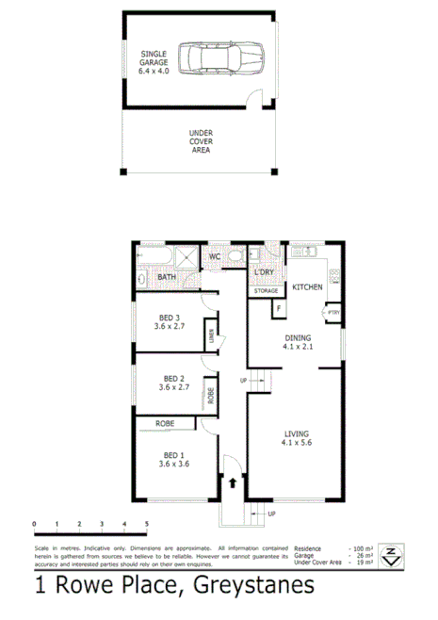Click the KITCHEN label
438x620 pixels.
click(x=308, y=286)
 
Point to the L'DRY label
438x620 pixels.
click(x=264, y=273)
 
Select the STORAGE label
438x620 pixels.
click(x=266, y=291)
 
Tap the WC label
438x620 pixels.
click(x=215, y=256)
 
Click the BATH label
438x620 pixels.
click(x=166, y=277)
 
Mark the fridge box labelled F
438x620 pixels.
click(x=279, y=308)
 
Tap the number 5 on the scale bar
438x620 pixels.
click(x=146, y=524)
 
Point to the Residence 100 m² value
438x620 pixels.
click(x=363, y=547)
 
